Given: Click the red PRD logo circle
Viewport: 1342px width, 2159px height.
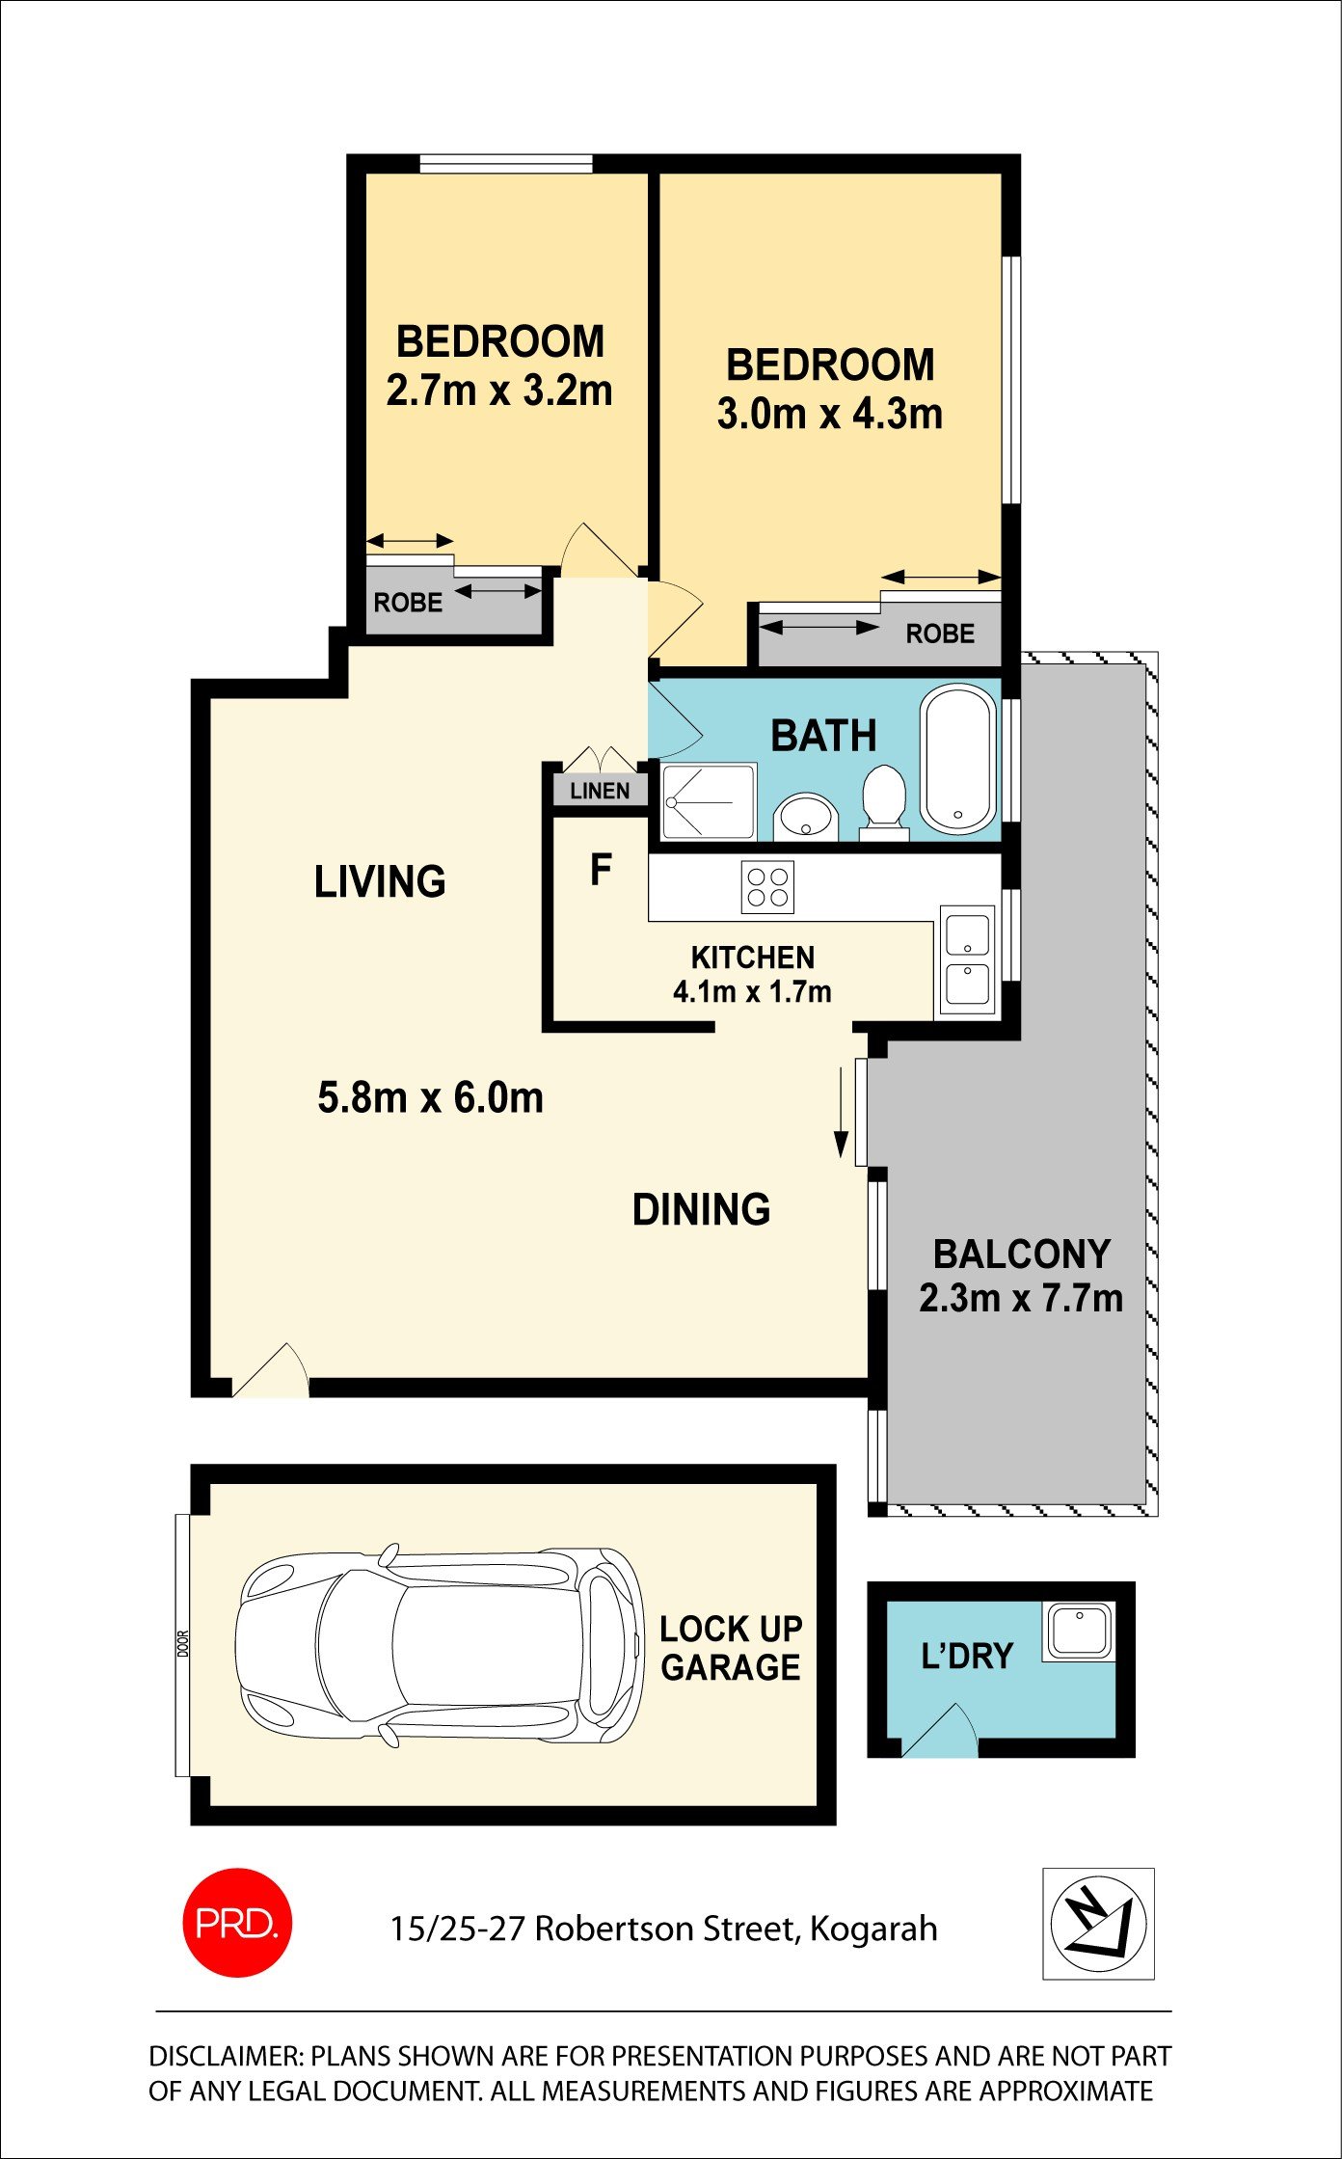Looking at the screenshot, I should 236,1923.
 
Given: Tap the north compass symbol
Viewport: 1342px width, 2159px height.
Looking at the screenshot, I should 1098,1923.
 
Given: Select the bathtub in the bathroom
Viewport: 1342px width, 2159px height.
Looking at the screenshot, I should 958,759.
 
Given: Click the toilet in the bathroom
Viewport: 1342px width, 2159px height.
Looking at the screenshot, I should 883,800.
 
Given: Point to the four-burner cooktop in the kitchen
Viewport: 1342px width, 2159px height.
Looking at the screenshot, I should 767,887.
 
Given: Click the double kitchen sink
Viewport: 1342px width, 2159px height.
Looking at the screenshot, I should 967,960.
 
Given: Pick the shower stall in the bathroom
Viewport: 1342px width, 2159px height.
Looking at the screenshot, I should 709,801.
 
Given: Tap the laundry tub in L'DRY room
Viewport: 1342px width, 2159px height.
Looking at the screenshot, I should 1079,1631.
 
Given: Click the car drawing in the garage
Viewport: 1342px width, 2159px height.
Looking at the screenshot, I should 439,1648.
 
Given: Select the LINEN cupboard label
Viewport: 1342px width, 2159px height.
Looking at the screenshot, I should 600,791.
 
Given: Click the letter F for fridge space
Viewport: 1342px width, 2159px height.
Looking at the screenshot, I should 601,870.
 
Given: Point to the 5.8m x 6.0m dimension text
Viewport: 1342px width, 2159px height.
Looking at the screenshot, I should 430,1097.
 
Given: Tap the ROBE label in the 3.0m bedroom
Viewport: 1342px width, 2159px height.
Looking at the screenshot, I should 940,634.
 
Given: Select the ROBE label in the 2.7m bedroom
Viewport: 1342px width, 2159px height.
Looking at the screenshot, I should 408,603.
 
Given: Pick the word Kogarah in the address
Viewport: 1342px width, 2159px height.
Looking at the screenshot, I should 873,1928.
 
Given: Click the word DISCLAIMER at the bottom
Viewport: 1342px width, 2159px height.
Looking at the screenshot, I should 226,2057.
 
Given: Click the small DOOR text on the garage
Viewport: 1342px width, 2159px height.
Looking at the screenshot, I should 183,1644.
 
